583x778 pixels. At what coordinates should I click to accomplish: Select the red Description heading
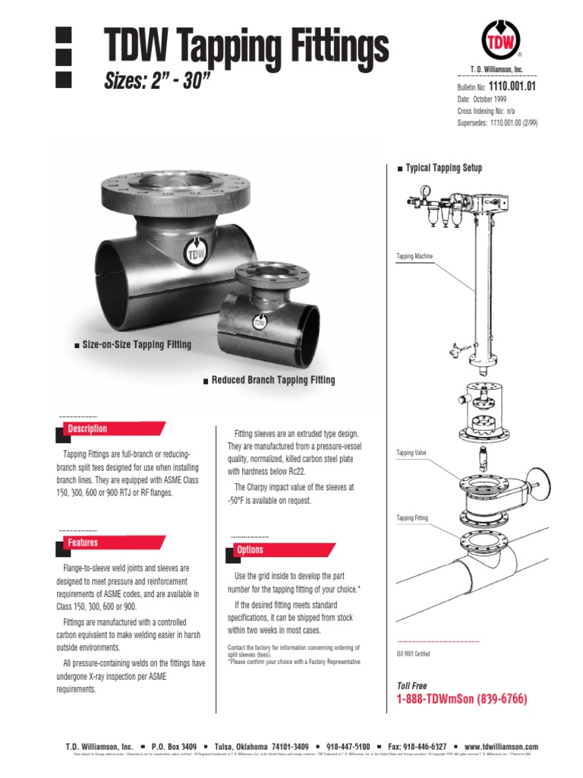coord(87,429)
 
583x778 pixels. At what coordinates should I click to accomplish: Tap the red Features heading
coord(83,542)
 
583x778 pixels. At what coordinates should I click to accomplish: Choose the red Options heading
coord(250,549)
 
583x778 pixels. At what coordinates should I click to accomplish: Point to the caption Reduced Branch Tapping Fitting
coord(273,380)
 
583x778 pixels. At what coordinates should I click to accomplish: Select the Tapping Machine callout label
coord(414,257)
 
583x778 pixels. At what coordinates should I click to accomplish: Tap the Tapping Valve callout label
coord(411,453)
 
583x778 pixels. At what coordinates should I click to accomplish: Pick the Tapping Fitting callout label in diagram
coord(412,518)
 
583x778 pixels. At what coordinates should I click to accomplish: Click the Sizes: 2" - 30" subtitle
coord(156,81)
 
